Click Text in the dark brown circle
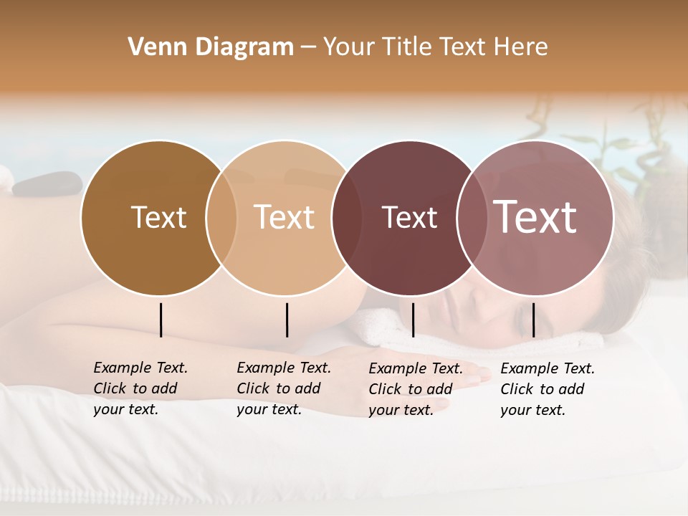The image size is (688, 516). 158,217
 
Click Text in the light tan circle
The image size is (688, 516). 284,217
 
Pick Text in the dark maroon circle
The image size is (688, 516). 409,217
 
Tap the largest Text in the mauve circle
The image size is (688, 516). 535,217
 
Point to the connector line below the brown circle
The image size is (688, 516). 161,320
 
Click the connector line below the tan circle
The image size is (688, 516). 287,320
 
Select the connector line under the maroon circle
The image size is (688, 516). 413,320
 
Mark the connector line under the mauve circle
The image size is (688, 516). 533,320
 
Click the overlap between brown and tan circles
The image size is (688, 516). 221,217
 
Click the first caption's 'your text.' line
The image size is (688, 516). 125,409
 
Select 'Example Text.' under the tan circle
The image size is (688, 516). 284,368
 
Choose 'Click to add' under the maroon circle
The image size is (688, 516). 410,388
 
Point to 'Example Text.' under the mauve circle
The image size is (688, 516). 548,368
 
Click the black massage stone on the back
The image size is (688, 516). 47,183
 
